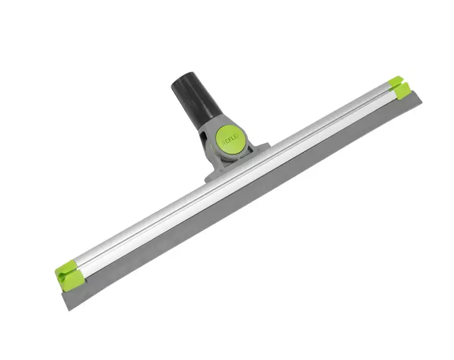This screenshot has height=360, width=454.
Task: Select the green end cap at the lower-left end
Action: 67,274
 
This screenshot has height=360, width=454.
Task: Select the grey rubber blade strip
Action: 248,204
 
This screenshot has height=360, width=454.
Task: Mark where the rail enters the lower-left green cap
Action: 79,268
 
